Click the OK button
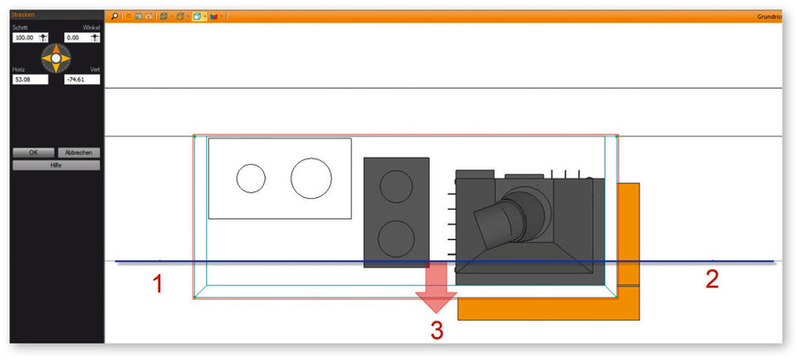click(33, 152)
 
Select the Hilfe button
click(55, 165)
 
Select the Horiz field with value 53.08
click(28, 80)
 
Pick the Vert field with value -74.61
click(82, 80)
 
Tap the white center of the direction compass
click(56, 59)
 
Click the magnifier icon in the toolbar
click(115, 16)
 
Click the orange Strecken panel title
click(23, 16)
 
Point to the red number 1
click(158, 285)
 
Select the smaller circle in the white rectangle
click(250, 178)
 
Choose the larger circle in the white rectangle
click(312, 178)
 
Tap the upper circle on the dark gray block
click(396, 186)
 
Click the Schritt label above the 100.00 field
click(21, 27)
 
